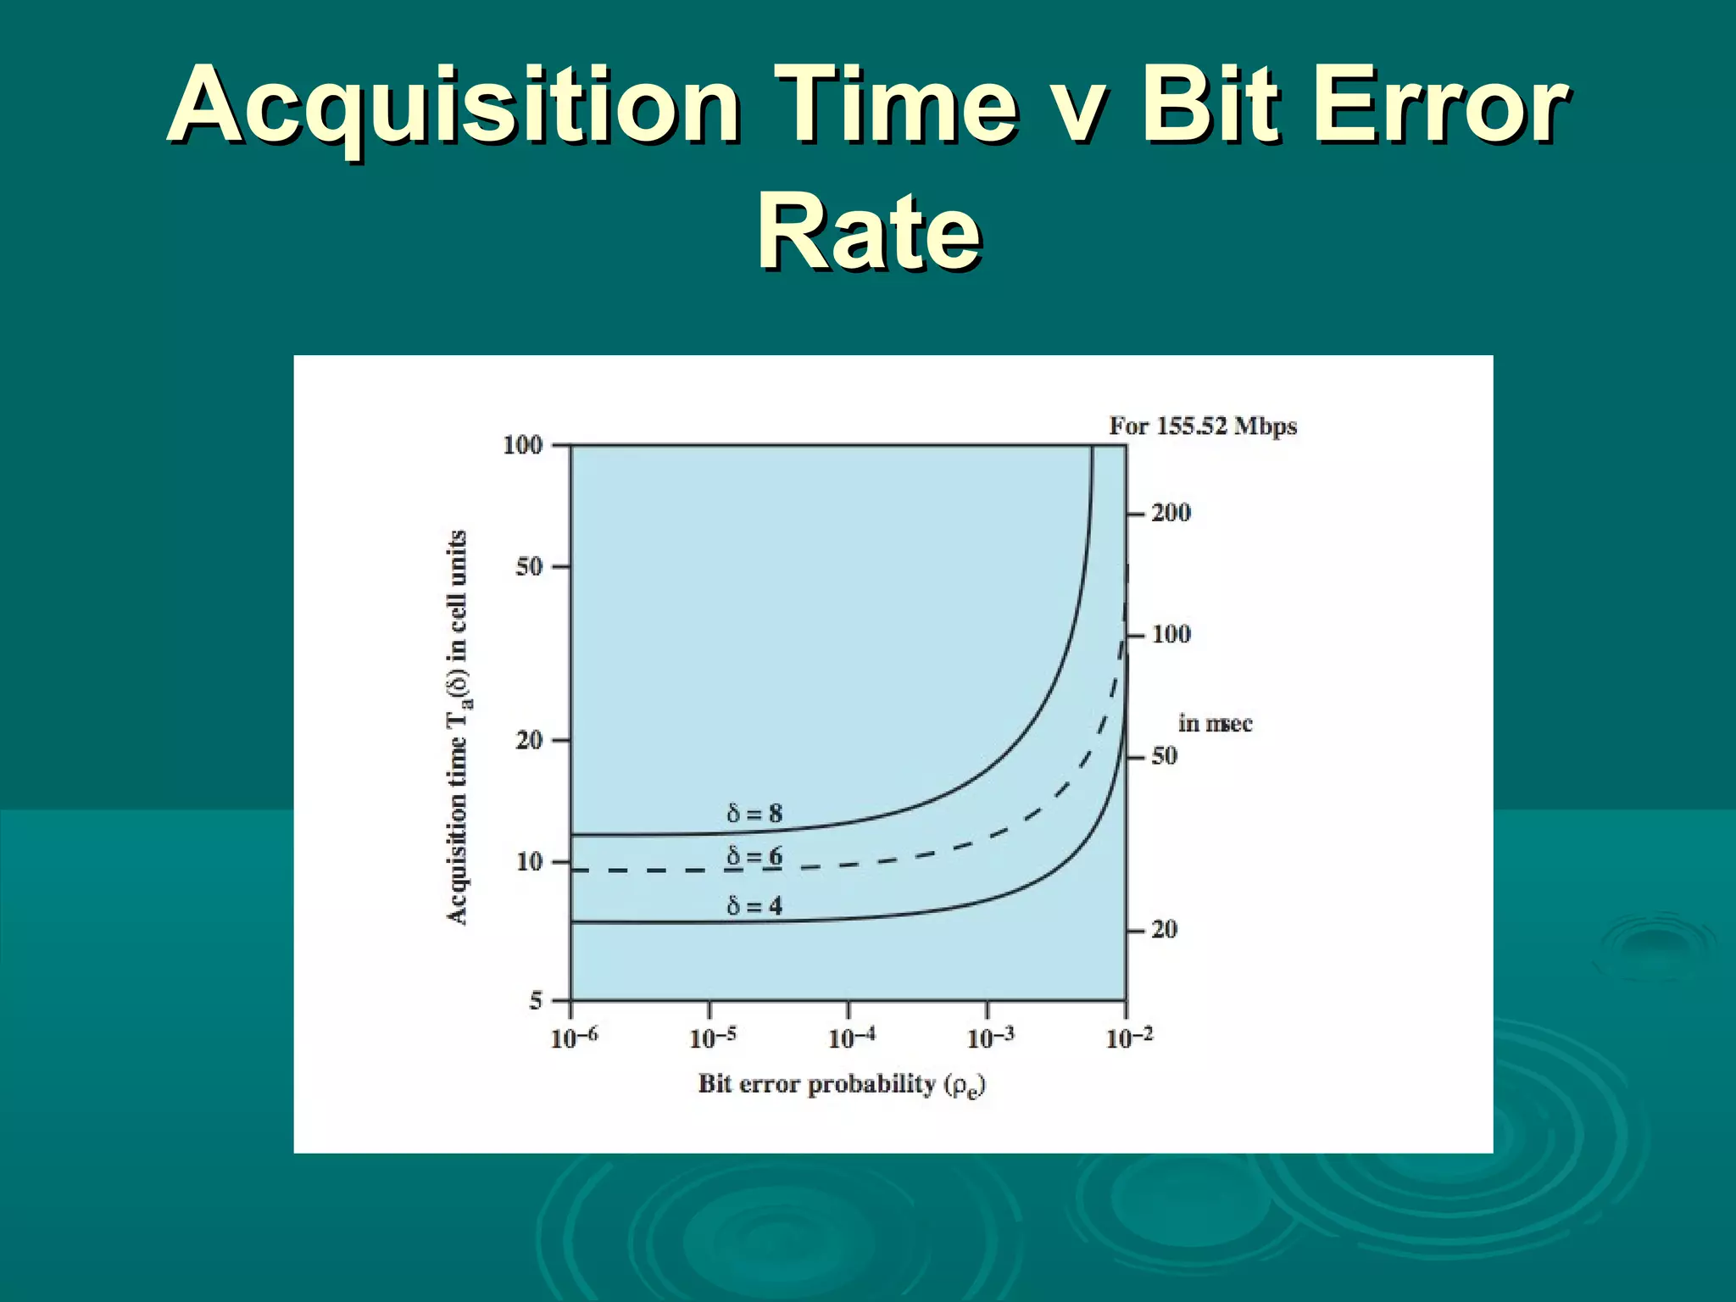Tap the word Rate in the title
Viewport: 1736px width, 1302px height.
pyautogui.click(x=869, y=231)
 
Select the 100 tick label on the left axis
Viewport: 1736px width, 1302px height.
pyautogui.click(x=522, y=445)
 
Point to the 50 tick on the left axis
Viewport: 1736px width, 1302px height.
pyautogui.click(x=529, y=567)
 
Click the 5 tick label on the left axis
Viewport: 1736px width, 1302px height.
pyautogui.click(x=536, y=1001)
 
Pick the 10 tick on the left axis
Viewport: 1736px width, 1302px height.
pyautogui.click(x=529, y=862)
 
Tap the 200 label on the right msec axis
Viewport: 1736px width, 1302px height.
pyautogui.click(x=1171, y=513)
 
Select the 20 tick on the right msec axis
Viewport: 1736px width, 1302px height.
pyautogui.click(x=1164, y=930)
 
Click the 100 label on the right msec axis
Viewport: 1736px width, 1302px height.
pyautogui.click(x=1171, y=634)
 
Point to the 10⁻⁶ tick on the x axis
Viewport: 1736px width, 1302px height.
pyautogui.click(x=574, y=1038)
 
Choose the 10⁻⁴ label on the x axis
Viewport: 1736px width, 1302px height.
pyautogui.click(x=851, y=1038)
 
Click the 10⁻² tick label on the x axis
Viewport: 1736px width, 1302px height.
pyautogui.click(x=1129, y=1038)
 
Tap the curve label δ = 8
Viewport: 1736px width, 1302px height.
pyautogui.click(x=754, y=814)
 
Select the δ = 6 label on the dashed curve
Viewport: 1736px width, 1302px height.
pyautogui.click(x=754, y=857)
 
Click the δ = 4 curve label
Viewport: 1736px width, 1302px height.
pyautogui.click(x=754, y=906)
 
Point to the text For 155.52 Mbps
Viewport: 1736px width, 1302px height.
pyautogui.click(x=1203, y=426)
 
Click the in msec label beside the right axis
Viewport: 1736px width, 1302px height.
pyautogui.click(x=1215, y=724)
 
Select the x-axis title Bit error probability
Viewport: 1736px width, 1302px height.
pyautogui.click(x=842, y=1085)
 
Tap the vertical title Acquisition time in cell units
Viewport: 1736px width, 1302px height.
pyautogui.click(x=457, y=727)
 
